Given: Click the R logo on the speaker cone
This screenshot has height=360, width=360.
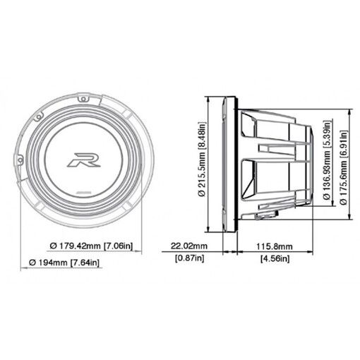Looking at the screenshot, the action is click(x=84, y=160).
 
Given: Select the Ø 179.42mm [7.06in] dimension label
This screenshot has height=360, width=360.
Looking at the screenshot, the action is click(x=91, y=246).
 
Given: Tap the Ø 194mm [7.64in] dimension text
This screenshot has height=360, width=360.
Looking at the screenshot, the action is click(x=64, y=263).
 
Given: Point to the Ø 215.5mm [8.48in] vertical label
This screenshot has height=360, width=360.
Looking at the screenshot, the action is click(x=202, y=159).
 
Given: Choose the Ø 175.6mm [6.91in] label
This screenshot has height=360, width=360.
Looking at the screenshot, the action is click(x=344, y=167).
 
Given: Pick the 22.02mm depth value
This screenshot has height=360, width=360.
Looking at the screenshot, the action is click(x=189, y=246).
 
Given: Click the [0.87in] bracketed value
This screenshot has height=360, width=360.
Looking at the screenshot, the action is click(x=190, y=258).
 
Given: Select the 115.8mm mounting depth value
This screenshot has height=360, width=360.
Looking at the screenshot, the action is click(x=275, y=246).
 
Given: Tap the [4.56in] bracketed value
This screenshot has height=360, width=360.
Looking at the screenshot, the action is click(x=275, y=258).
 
